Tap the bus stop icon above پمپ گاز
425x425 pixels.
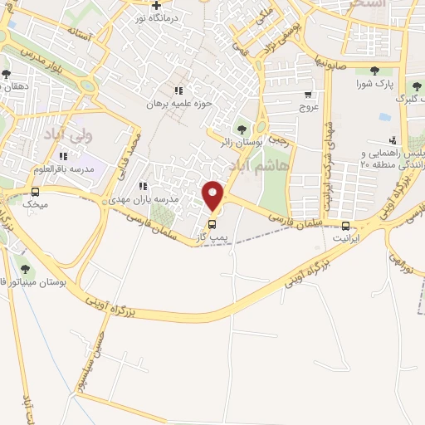click(x=212, y=224)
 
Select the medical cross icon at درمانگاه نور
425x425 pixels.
click(x=154, y=5)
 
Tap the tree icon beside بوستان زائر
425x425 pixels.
click(x=242, y=129)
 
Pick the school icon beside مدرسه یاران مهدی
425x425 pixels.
click(x=143, y=186)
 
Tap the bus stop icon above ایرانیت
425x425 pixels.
click(x=345, y=226)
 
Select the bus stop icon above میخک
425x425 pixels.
click(x=34, y=191)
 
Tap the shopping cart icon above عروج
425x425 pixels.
click(x=308, y=95)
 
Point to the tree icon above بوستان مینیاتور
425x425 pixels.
click(x=24, y=268)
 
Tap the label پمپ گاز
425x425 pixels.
click(x=212, y=237)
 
